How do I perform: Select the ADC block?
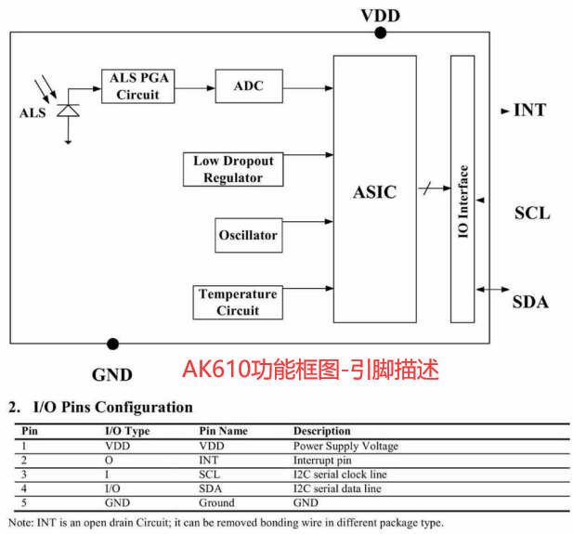[248, 86]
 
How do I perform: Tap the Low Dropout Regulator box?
[233, 169]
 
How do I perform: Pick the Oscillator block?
[248, 235]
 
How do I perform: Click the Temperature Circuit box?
[238, 302]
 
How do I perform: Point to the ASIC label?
[374, 192]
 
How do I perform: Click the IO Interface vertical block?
[462, 189]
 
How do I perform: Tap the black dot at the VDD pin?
[380, 33]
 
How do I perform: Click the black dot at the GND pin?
[112, 344]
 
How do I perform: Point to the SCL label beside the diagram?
[532, 213]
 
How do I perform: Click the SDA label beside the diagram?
[530, 302]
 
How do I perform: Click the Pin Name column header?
[224, 431]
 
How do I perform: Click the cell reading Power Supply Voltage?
[345, 446]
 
